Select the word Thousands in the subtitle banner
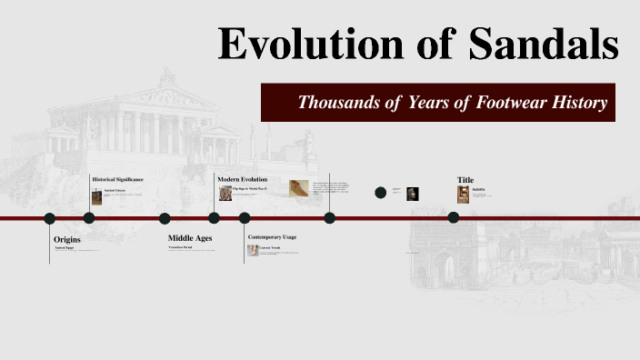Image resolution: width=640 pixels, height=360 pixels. (x=338, y=102)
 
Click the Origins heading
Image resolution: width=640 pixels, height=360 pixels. (x=67, y=239)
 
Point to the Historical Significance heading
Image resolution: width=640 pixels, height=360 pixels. (x=117, y=179)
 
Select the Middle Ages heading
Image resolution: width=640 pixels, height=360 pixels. (x=190, y=238)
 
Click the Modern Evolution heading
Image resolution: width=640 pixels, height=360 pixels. (x=243, y=179)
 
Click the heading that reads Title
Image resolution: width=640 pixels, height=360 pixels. (x=465, y=180)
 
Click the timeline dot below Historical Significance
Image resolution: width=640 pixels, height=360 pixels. (x=89, y=218)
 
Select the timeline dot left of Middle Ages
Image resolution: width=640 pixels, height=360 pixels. (x=165, y=218)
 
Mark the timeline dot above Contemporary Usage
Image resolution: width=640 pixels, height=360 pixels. (x=245, y=218)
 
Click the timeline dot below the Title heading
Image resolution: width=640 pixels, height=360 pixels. (x=453, y=218)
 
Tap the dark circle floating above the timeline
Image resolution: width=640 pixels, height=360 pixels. (x=381, y=192)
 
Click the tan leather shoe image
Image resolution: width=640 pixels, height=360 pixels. (x=299, y=189)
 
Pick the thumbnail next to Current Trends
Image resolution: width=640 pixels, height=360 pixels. (x=253, y=250)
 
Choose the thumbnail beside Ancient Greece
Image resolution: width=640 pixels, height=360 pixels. (x=96, y=196)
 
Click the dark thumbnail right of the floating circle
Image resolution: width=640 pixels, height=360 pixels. (x=412, y=193)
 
